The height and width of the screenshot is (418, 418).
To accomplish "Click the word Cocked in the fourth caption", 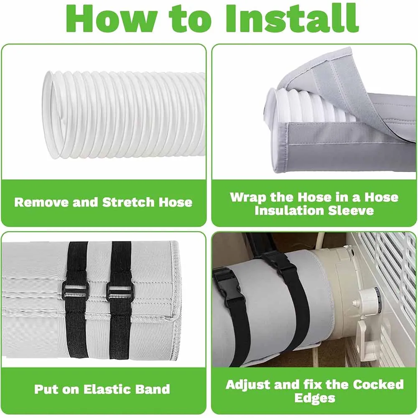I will tap(377, 384).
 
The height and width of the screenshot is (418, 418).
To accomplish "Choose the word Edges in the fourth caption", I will tap(314, 398).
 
